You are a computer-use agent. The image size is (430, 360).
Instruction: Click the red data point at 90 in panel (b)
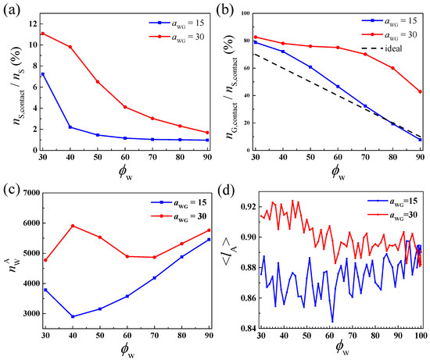coord(420,92)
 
